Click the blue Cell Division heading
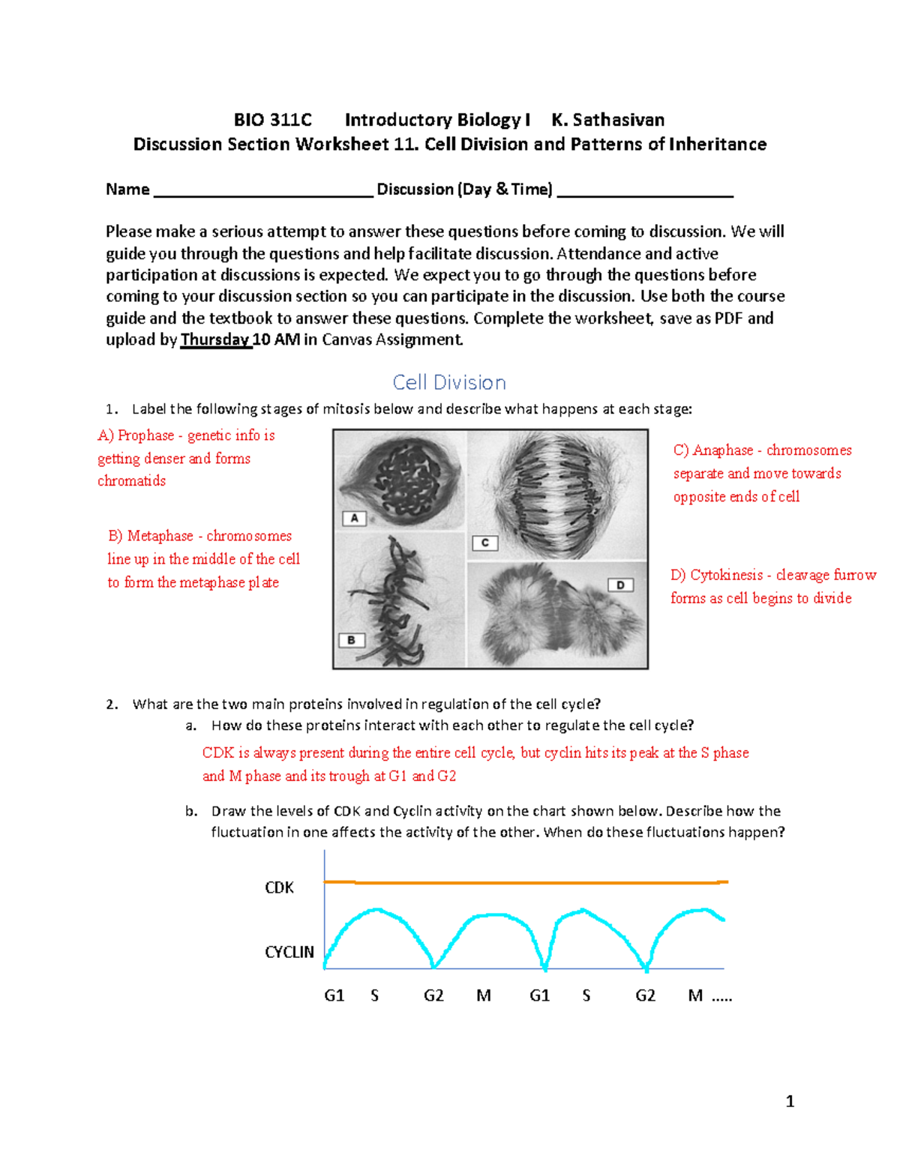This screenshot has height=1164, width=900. (x=449, y=382)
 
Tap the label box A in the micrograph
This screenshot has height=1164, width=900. (x=354, y=518)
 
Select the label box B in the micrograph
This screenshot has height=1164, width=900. (x=351, y=640)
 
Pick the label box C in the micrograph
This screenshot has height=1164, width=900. (x=484, y=543)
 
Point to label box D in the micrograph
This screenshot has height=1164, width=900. (x=620, y=585)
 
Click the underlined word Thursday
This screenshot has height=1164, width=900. (x=215, y=340)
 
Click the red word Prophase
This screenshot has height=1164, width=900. (x=145, y=435)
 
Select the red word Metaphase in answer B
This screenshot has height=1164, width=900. (x=160, y=536)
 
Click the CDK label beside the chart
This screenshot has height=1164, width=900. (x=279, y=887)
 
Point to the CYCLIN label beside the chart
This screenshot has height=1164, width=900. (x=289, y=952)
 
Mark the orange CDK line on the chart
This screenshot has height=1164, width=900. (x=525, y=883)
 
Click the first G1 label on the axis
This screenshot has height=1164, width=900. (x=334, y=995)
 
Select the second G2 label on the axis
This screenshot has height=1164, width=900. (x=645, y=995)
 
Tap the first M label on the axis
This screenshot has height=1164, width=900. (x=484, y=995)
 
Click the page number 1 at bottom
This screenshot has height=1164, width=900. (x=789, y=1101)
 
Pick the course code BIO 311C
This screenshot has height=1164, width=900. (x=272, y=120)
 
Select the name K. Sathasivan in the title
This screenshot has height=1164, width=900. (x=607, y=120)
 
